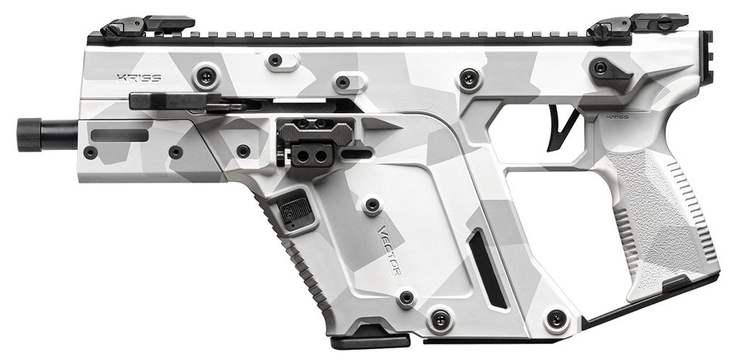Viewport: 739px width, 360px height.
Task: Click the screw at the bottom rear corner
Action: point(556,318)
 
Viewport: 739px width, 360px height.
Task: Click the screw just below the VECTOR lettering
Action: point(406,297)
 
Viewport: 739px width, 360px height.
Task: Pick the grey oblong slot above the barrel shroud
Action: point(120,134)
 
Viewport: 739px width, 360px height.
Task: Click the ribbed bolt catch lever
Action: point(314,130)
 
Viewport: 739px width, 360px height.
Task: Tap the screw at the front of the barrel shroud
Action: point(90,152)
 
